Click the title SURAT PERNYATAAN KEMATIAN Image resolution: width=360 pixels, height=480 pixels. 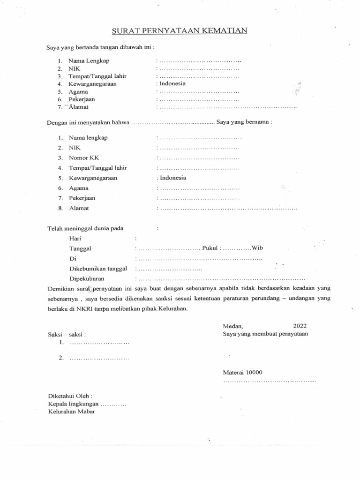[180, 31]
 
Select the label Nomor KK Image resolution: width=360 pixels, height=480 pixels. [84, 158]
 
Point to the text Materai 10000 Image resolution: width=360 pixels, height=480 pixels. [243, 372]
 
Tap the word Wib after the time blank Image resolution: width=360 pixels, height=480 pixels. [258, 248]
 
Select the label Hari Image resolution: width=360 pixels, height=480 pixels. [75, 239]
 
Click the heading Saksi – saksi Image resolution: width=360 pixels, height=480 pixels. [67, 335]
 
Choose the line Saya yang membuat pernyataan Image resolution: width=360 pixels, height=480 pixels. [265, 334]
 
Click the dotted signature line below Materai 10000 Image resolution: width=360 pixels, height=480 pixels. [270, 382]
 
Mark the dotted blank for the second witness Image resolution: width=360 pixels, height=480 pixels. [99, 359]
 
